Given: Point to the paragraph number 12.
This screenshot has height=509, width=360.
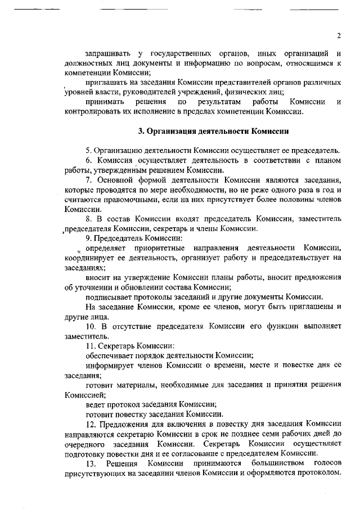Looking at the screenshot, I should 90,423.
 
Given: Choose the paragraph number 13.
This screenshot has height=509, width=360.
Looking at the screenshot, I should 91,462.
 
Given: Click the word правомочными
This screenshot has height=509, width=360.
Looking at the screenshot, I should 130,199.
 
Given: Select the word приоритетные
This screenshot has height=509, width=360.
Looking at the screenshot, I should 159,247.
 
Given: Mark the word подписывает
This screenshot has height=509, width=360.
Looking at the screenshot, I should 109,296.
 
